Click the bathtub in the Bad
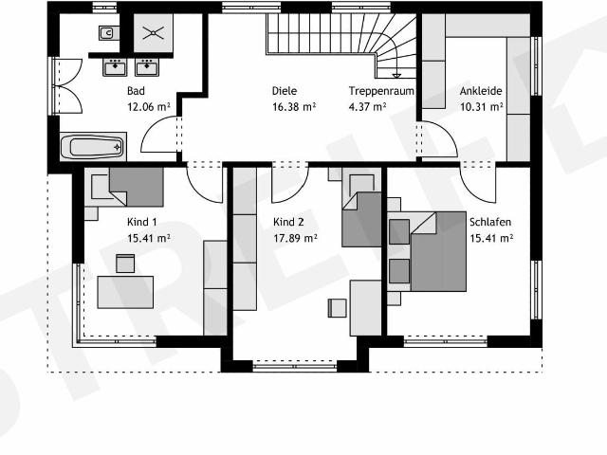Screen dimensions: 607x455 pos(93,147)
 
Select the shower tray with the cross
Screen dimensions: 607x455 pos(154,33)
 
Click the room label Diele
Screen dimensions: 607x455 pos(285,91)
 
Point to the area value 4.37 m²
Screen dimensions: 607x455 pos(367,106)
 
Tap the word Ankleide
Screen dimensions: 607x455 pos(481,91)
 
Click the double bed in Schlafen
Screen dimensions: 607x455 pos(427,251)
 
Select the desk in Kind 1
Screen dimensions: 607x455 pos(125,292)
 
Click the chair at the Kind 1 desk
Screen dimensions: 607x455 pos(125,264)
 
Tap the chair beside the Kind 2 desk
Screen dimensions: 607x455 pos(338,308)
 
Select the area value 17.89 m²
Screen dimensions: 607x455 pos(295,238)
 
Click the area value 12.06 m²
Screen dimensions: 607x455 pos(149,106)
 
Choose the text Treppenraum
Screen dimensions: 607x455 pos(381,91)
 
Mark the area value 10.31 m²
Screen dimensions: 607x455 pos(482,106)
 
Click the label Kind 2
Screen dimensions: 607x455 pos(288,222)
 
